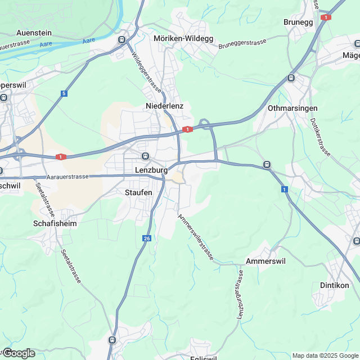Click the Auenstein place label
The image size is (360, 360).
(x=34, y=33)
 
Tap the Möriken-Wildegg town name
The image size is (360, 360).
(x=183, y=38)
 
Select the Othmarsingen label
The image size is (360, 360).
(x=293, y=108)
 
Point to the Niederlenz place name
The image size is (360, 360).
(x=165, y=106)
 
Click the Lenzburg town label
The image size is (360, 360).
(x=152, y=169)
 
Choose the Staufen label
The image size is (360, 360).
(x=138, y=192)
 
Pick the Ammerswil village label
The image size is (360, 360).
(x=268, y=262)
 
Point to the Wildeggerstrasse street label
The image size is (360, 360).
(x=146, y=73)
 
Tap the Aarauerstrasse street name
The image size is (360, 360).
(x=68, y=177)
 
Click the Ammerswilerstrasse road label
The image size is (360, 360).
(x=195, y=237)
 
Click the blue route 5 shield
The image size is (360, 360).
(x=64, y=93)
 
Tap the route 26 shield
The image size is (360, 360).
(x=147, y=238)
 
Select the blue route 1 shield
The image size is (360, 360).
(x=285, y=189)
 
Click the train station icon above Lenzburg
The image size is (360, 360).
(x=145, y=156)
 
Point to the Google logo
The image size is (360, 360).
(x=19, y=353)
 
